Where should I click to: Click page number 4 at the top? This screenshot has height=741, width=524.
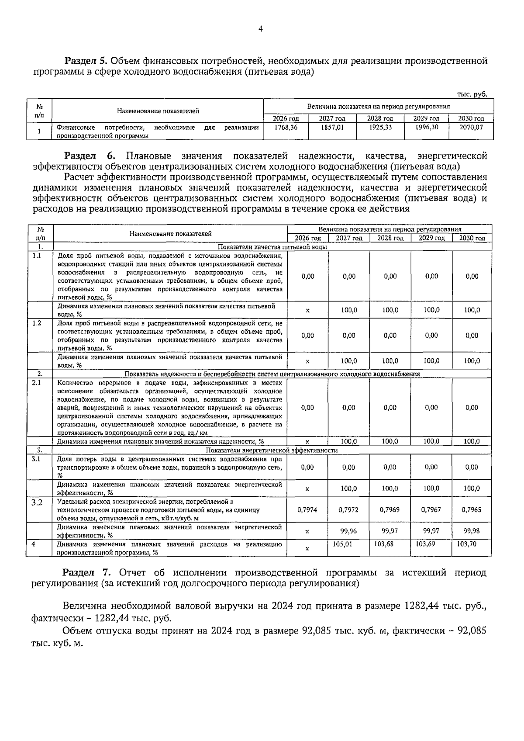[x=261, y=29]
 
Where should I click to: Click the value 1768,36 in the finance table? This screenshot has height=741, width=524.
[x=286, y=127]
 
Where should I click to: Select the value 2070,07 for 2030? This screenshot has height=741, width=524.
[x=471, y=127]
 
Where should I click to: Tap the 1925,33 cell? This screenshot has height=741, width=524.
[x=380, y=127]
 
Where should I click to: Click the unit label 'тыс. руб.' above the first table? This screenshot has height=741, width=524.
[x=472, y=94]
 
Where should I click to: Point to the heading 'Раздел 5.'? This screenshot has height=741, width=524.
[x=86, y=61]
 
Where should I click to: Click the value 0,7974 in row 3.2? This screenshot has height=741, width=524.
[x=307, y=509]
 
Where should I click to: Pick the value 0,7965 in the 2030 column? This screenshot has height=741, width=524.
[x=472, y=509]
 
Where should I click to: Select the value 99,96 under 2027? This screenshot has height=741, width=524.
[x=348, y=531]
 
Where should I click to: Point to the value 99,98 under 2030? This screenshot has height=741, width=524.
[x=472, y=531]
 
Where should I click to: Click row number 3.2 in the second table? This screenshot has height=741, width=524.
[x=37, y=502]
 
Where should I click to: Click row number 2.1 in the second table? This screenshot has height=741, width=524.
[x=37, y=383]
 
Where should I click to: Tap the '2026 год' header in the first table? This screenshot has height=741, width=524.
[x=286, y=118]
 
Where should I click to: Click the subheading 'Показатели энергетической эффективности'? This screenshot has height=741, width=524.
[x=272, y=450]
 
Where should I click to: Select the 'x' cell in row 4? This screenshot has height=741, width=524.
[x=307, y=548]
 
